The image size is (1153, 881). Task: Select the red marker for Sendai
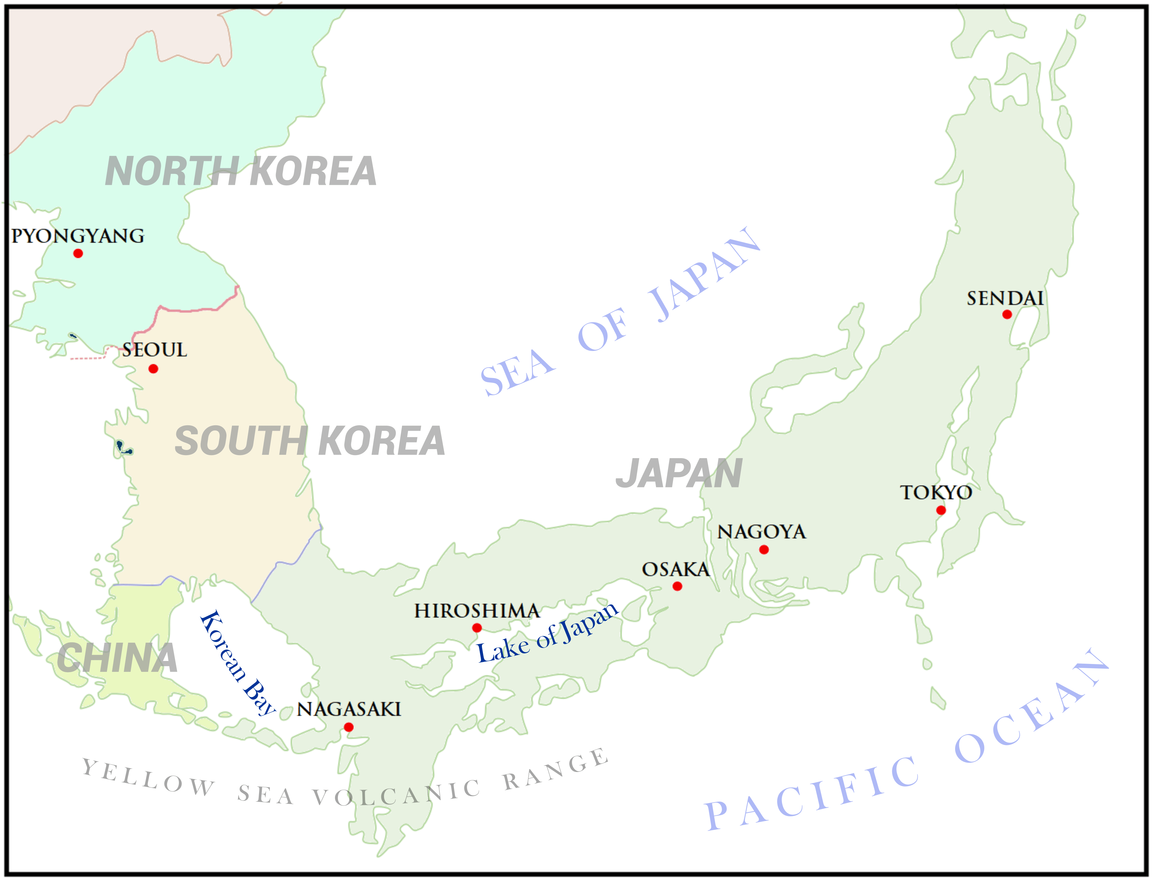[x=1007, y=315]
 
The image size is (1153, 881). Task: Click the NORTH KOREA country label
[x=240, y=172]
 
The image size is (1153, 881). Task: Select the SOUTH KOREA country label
[x=310, y=441]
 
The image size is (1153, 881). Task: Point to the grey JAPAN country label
[x=679, y=473]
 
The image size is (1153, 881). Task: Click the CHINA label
[x=117, y=658]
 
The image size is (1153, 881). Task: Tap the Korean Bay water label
[x=237, y=663]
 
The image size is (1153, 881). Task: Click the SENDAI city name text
[x=1005, y=298]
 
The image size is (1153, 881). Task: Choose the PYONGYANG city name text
[x=78, y=236]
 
